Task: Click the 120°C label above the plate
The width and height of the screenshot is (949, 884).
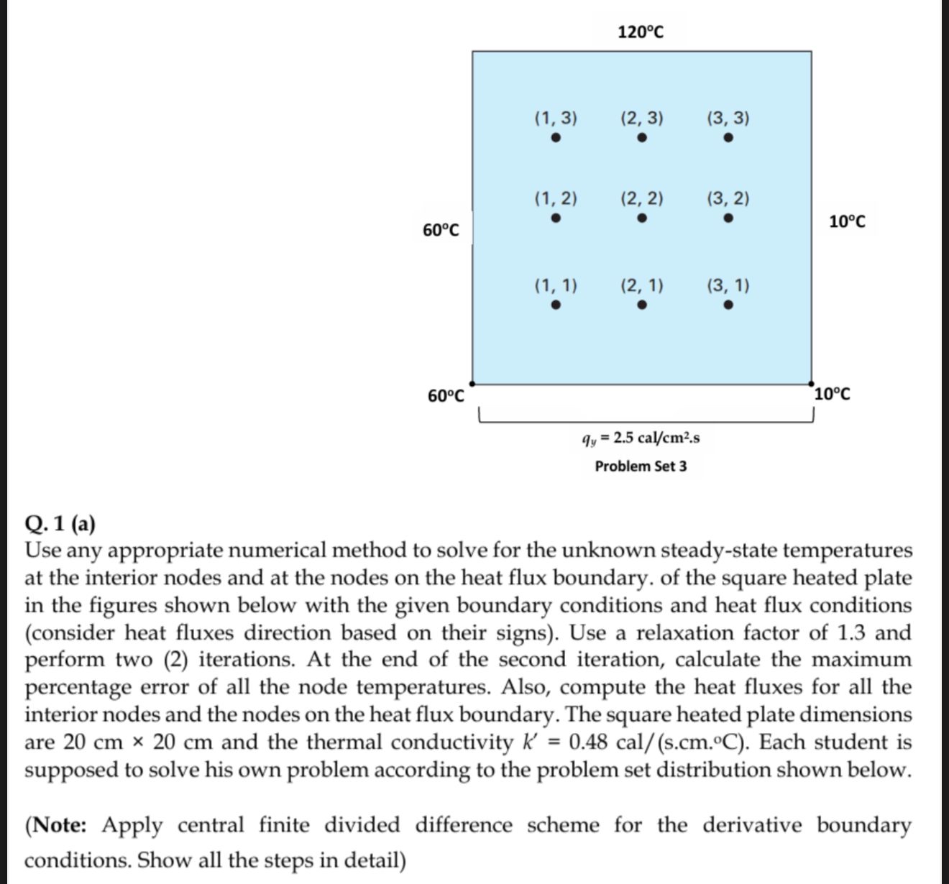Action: click(x=641, y=32)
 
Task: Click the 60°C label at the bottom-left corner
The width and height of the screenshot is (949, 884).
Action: click(x=446, y=396)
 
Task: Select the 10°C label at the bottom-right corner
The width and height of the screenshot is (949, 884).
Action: click(x=833, y=395)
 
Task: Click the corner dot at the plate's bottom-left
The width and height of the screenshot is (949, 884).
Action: click(x=472, y=384)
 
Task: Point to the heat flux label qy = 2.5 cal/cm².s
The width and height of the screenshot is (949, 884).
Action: click(x=641, y=438)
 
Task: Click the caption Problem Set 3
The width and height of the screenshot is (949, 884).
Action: click(x=641, y=466)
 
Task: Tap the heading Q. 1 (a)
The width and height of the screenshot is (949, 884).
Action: click(x=60, y=524)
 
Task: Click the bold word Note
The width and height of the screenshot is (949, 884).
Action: click(x=59, y=825)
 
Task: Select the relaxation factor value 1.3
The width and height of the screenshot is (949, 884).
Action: click(x=851, y=632)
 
